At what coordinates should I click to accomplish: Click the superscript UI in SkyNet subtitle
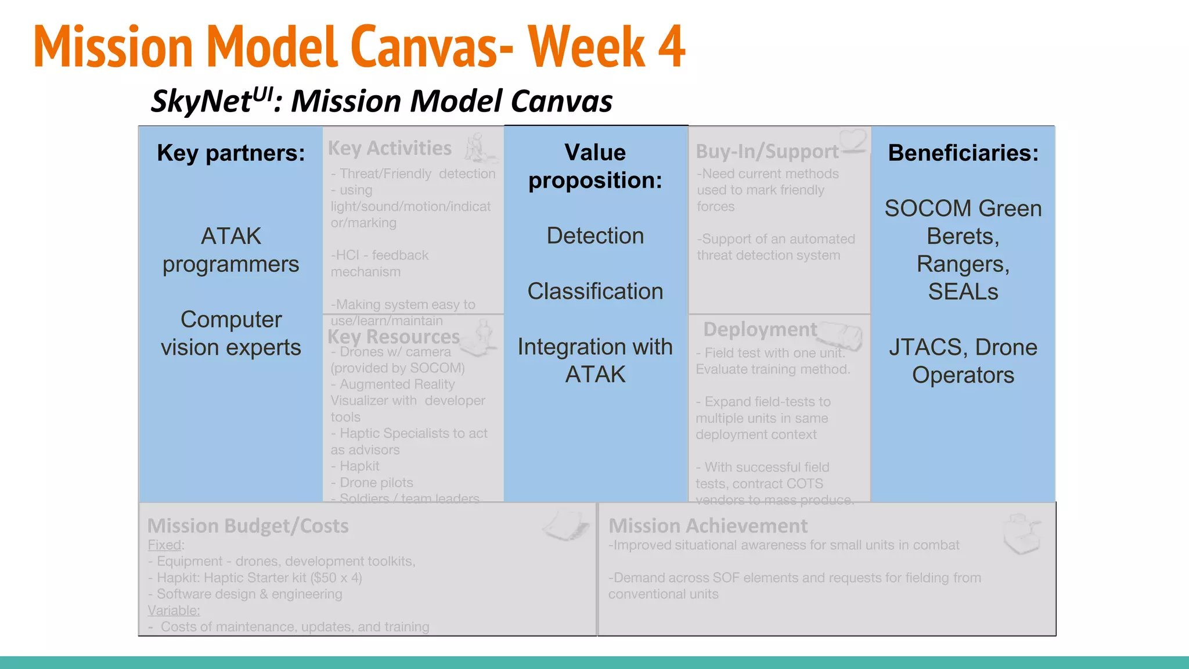coord(262,93)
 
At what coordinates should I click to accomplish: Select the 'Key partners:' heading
coord(231,153)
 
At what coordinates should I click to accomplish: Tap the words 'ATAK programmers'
coord(231,250)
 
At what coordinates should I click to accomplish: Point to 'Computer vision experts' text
coord(231,333)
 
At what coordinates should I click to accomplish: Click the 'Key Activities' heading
coord(390,149)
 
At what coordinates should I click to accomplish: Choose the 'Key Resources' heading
coord(393,337)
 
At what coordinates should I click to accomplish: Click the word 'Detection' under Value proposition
coord(595,236)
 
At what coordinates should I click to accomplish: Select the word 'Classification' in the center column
coord(595,292)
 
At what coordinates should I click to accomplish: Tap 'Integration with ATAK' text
coord(595,361)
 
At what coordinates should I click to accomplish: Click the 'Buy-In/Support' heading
coord(767,152)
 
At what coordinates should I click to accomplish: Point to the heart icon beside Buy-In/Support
coord(854,140)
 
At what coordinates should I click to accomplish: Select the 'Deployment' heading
coord(760,330)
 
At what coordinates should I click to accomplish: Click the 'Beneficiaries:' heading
coord(963,153)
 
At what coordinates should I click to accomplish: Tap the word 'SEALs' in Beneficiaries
coord(963,292)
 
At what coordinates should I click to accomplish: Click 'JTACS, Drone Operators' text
coord(963,361)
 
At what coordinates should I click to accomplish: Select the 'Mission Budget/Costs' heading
coord(248,526)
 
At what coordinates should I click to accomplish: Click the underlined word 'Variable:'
coord(174,610)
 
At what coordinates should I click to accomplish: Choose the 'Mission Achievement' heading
coord(708,526)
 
